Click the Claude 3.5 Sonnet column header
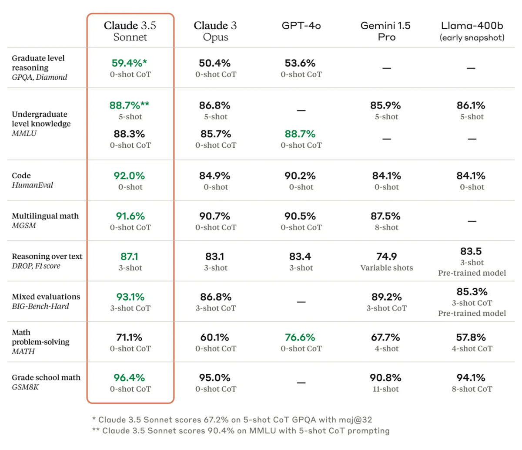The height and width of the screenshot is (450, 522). [x=130, y=31]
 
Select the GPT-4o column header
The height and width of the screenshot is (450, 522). [x=301, y=26]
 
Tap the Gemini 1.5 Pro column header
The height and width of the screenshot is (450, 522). [x=386, y=31]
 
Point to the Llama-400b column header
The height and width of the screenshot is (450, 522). [x=472, y=31]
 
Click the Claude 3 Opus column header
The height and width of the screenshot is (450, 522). [x=215, y=31]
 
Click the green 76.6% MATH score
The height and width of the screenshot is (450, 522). [x=300, y=337]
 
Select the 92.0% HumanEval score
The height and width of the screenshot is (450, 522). [x=129, y=176]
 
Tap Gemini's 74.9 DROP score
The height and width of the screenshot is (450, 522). [x=387, y=257]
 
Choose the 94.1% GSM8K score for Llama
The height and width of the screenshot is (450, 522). [x=471, y=378]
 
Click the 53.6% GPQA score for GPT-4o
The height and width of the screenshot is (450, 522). [x=300, y=63]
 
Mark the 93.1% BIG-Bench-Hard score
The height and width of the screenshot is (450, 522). [x=130, y=297]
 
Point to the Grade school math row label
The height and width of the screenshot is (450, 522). [x=46, y=378]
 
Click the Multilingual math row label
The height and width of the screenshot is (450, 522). [x=45, y=216]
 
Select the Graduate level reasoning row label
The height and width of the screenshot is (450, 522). [x=38, y=63]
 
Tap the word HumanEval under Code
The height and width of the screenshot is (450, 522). [x=33, y=185]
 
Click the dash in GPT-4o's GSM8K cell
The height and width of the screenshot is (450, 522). [x=301, y=382]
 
